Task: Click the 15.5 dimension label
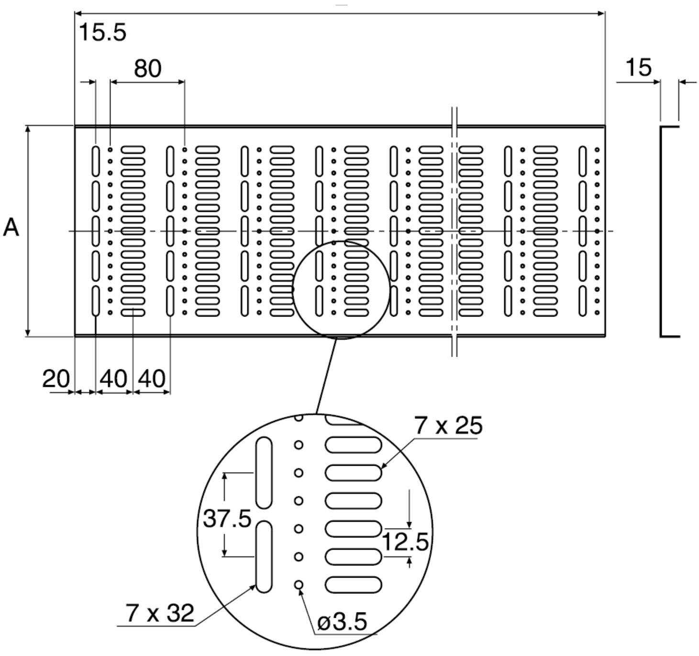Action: point(102,33)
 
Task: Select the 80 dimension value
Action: point(147,69)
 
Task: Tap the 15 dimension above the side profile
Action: point(638,67)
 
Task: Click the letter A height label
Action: point(11,228)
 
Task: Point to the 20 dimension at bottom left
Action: point(56,379)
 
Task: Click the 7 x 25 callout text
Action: point(448,425)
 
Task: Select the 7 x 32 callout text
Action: point(160,613)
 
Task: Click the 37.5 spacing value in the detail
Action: point(227,518)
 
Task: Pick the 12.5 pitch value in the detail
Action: point(405,542)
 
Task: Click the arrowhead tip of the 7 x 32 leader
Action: point(256,585)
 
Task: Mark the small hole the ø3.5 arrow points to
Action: point(299,585)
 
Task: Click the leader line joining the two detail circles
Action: point(326,375)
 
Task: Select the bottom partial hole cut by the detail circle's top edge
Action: point(299,417)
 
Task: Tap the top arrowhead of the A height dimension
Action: point(28,129)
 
